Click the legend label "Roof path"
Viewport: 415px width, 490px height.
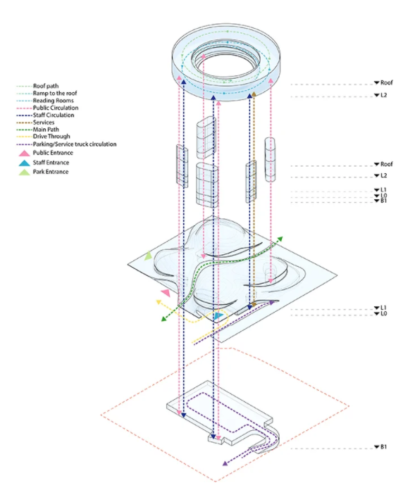pos(46,86)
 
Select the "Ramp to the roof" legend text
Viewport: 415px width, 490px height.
pos(55,93)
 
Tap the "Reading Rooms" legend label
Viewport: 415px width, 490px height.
pos(53,101)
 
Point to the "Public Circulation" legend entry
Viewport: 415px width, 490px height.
pos(56,108)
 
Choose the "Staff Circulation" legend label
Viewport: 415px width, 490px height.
pos(54,115)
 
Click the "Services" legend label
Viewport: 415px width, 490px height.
pos(44,122)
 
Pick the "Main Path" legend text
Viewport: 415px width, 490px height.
pos(46,130)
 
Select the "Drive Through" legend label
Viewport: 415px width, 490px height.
pos(51,137)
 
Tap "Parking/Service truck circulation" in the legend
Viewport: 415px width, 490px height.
pos(75,144)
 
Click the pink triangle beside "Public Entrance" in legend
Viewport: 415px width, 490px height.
pos(24,153)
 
